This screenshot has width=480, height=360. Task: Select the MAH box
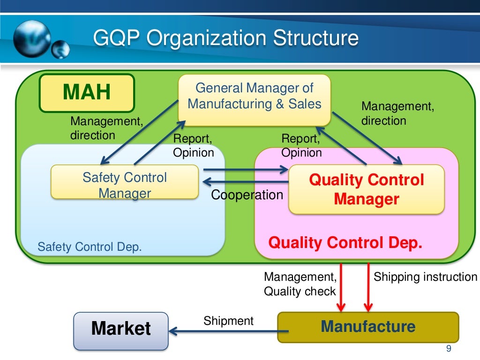click(87, 92)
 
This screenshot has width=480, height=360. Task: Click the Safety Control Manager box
click(124, 185)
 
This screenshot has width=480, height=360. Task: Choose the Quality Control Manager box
click(366, 189)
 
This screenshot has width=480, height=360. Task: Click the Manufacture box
click(368, 327)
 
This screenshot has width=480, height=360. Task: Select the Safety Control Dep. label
click(90, 247)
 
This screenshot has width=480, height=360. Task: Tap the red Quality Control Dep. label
click(345, 243)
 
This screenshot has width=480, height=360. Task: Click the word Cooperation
click(247, 195)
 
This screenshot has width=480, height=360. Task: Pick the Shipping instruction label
click(425, 277)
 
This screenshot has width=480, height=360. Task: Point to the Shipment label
click(228, 321)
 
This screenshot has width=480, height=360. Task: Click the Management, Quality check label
click(300, 284)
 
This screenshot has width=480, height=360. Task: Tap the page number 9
click(449, 349)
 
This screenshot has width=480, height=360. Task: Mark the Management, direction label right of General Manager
click(397, 113)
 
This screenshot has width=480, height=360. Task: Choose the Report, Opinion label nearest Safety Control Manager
click(194, 145)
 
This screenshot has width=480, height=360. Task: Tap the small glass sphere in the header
click(60, 50)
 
